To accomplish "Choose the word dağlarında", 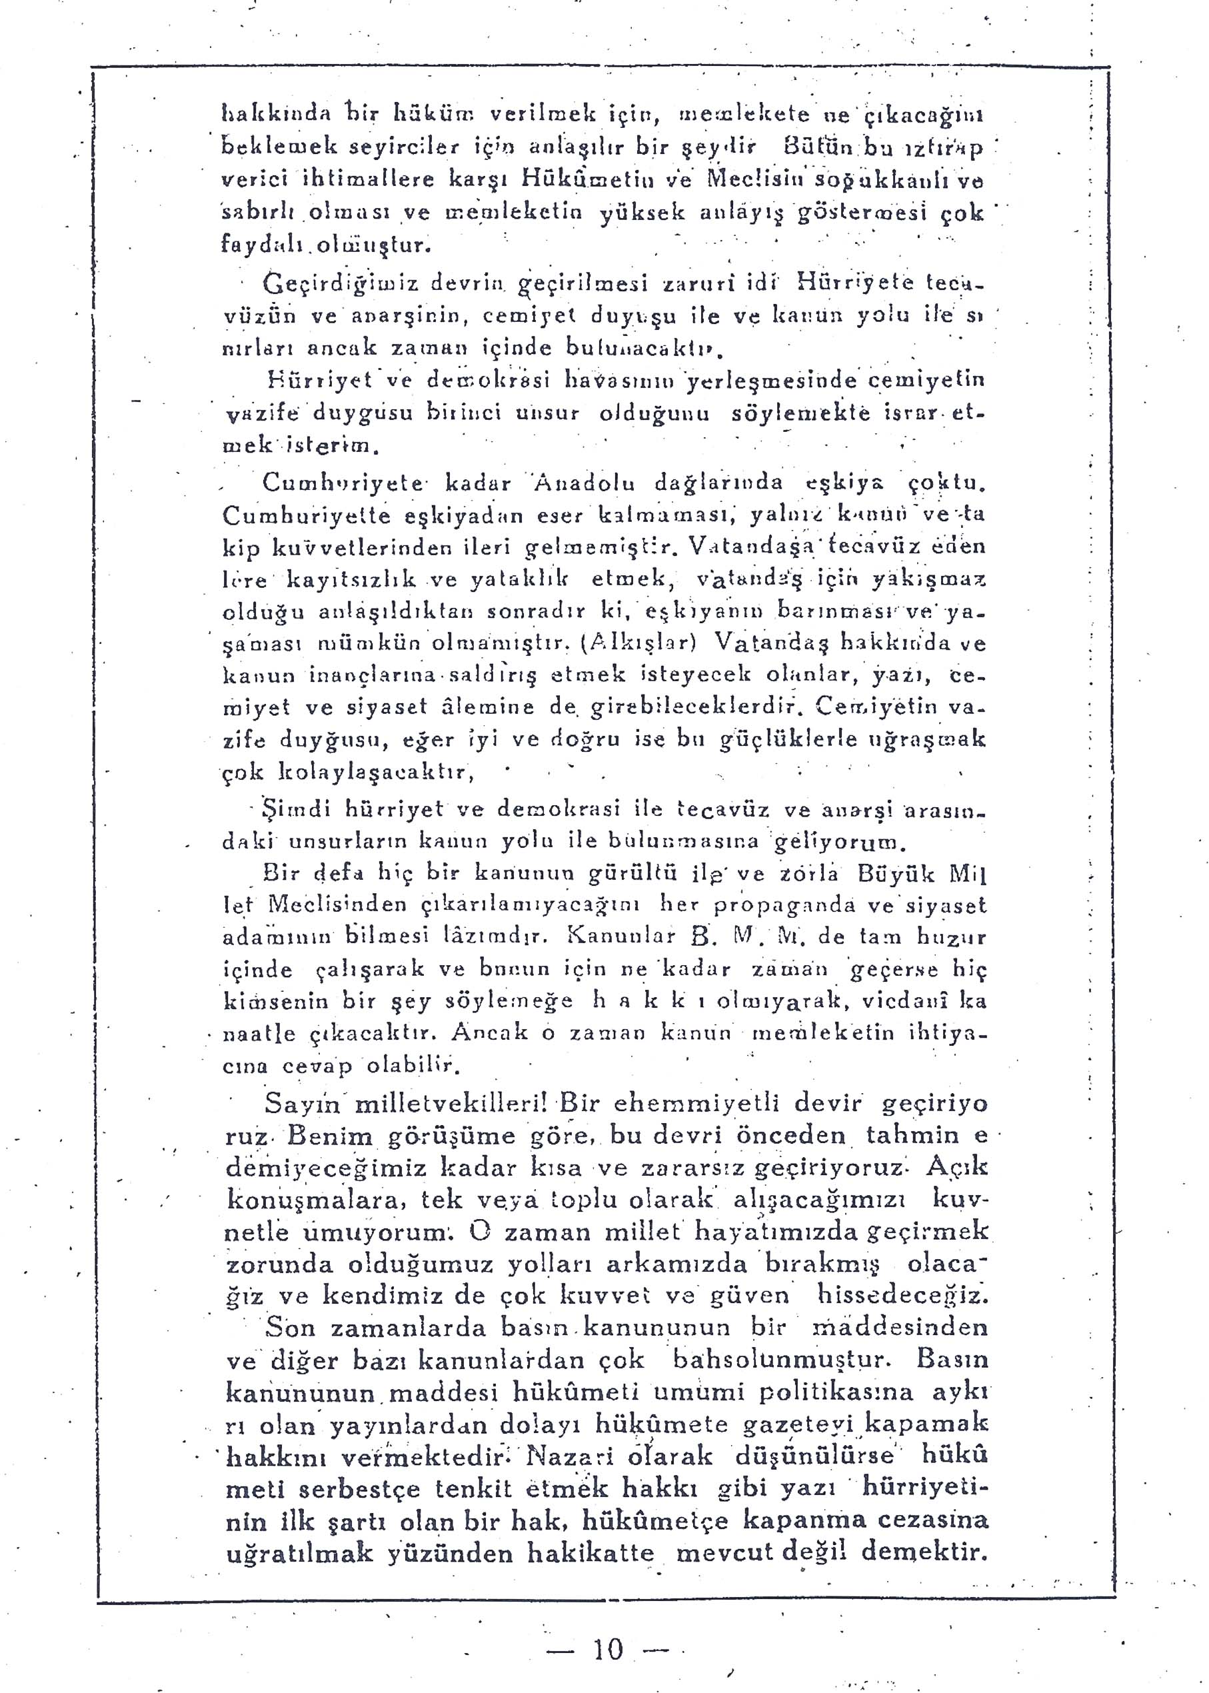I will [718, 483].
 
